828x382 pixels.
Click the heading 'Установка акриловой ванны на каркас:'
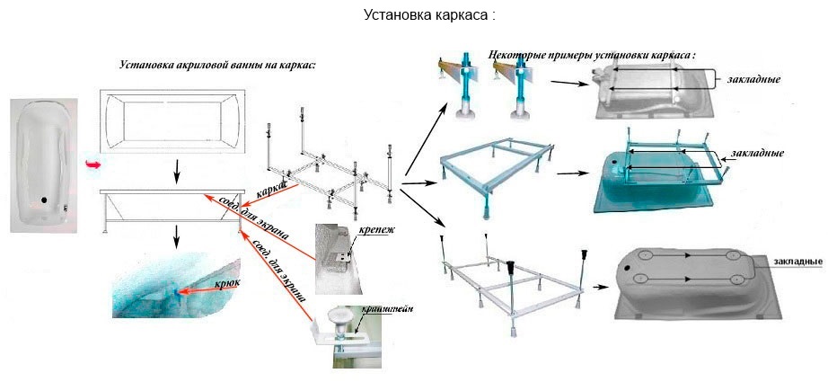pos(217,66)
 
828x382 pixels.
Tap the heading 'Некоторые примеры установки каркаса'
pos(592,55)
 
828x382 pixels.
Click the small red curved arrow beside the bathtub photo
pos(91,163)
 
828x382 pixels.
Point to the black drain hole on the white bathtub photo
pos(42,200)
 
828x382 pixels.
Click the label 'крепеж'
pos(376,231)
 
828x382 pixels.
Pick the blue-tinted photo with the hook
pos(177,287)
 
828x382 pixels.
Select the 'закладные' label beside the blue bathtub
pos(759,154)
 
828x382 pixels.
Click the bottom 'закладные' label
pos(795,262)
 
